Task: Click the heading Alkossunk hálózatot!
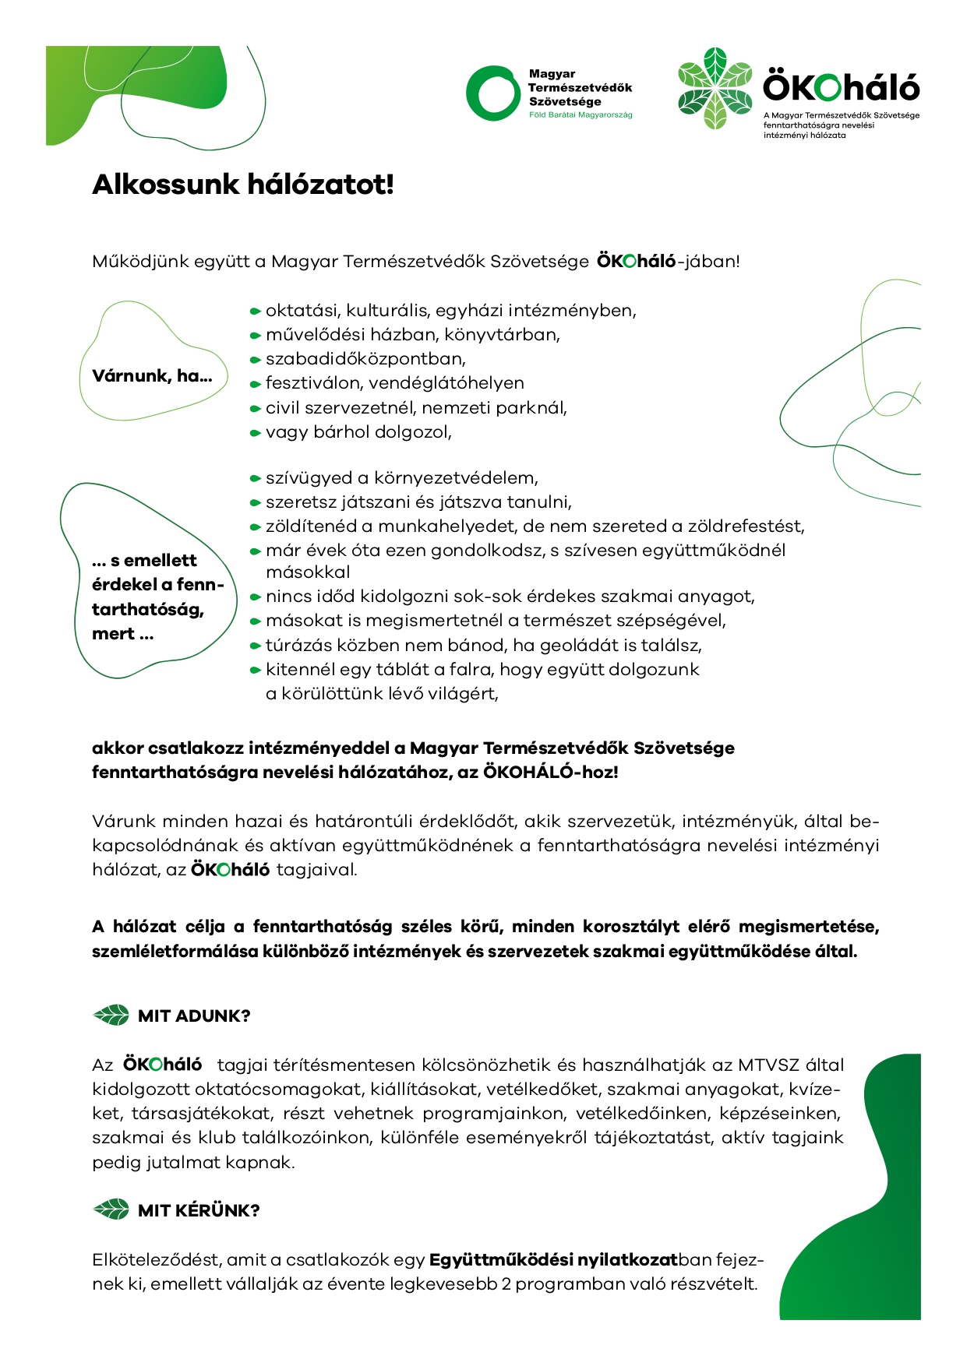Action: [x=243, y=185]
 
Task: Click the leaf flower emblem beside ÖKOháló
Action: [x=715, y=88]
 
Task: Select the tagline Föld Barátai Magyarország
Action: [x=581, y=115]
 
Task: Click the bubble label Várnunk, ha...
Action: [x=152, y=376]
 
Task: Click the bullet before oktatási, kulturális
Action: [x=255, y=312]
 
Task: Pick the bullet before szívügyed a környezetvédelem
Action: [x=255, y=479]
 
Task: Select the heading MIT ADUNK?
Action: [x=194, y=1016]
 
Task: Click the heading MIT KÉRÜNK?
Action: [x=199, y=1211]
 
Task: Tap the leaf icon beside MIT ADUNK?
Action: [x=111, y=1016]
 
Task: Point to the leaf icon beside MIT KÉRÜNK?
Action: [x=111, y=1210]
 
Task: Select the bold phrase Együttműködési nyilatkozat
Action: [x=553, y=1260]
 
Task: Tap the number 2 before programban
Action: [x=506, y=1284]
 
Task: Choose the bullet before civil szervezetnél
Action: [x=255, y=409]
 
